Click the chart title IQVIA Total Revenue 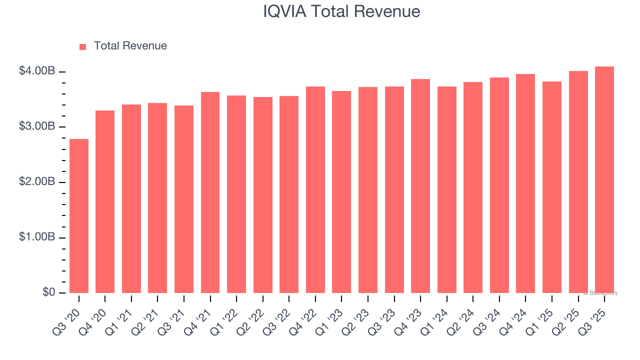[x=341, y=11]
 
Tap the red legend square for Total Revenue [x=83, y=46]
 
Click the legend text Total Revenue [x=130, y=46]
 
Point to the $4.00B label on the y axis [x=37, y=71]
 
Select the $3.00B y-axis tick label [x=37, y=126]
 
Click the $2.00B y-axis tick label [x=37, y=182]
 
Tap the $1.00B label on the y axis [x=37, y=237]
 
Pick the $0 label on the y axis [x=48, y=292]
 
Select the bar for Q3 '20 [x=79, y=216]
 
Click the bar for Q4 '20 [x=105, y=201]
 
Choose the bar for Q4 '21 [x=210, y=192]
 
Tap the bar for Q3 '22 [x=289, y=194]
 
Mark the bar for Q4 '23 [x=420, y=186]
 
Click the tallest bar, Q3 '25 [x=604, y=179]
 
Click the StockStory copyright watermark [x=600, y=293]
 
